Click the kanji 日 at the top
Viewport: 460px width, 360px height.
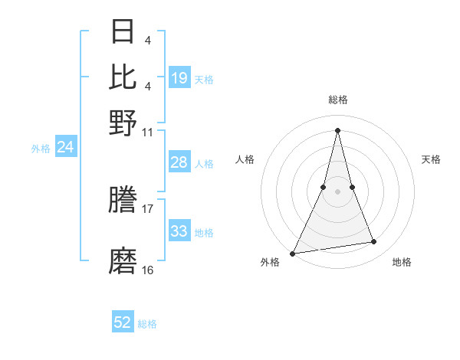pyautogui.click(x=123, y=32)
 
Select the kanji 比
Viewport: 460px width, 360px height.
pyautogui.click(x=123, y=76)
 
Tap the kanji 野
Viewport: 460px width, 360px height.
pyautogui.click(x=123, y=122)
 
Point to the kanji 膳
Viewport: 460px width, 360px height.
pyautogui.click(x=123, y=201)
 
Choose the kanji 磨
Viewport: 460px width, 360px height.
pyautogui.click(x=123, y=261)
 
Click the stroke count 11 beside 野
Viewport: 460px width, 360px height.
pyautogui.click(x=148, y=132)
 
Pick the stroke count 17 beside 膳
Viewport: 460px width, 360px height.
pyautogui.click(x=148, y=208)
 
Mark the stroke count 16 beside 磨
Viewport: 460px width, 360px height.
pyautogui.click(x=148, y=270)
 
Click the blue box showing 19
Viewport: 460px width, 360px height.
pyautogui.click(x=179, y=77)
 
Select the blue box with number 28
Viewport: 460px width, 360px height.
pyautogui.click(x=179, y=162)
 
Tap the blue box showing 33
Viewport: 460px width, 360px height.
pyautogui.click(x=179, y=231)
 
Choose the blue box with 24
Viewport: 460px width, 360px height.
pyautogui.click(x=65, y=147)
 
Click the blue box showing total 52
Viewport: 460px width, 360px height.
pyautogui.click(x=123, y=322)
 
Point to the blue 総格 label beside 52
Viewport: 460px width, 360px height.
pyautogui.click(x=147, y=324)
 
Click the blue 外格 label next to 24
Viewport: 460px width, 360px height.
pyautogui.click(x=41, y=149)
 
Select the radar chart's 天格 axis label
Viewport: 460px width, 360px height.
pyautogui.click(x=431, y=159)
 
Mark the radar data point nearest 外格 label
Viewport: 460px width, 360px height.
pyautogui.click(x=293, y=253)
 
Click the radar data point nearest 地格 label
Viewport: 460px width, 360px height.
pyautogui.click(x=374, y=242)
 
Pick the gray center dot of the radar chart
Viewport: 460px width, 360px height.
pyautogui.click(x=337, y=191)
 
